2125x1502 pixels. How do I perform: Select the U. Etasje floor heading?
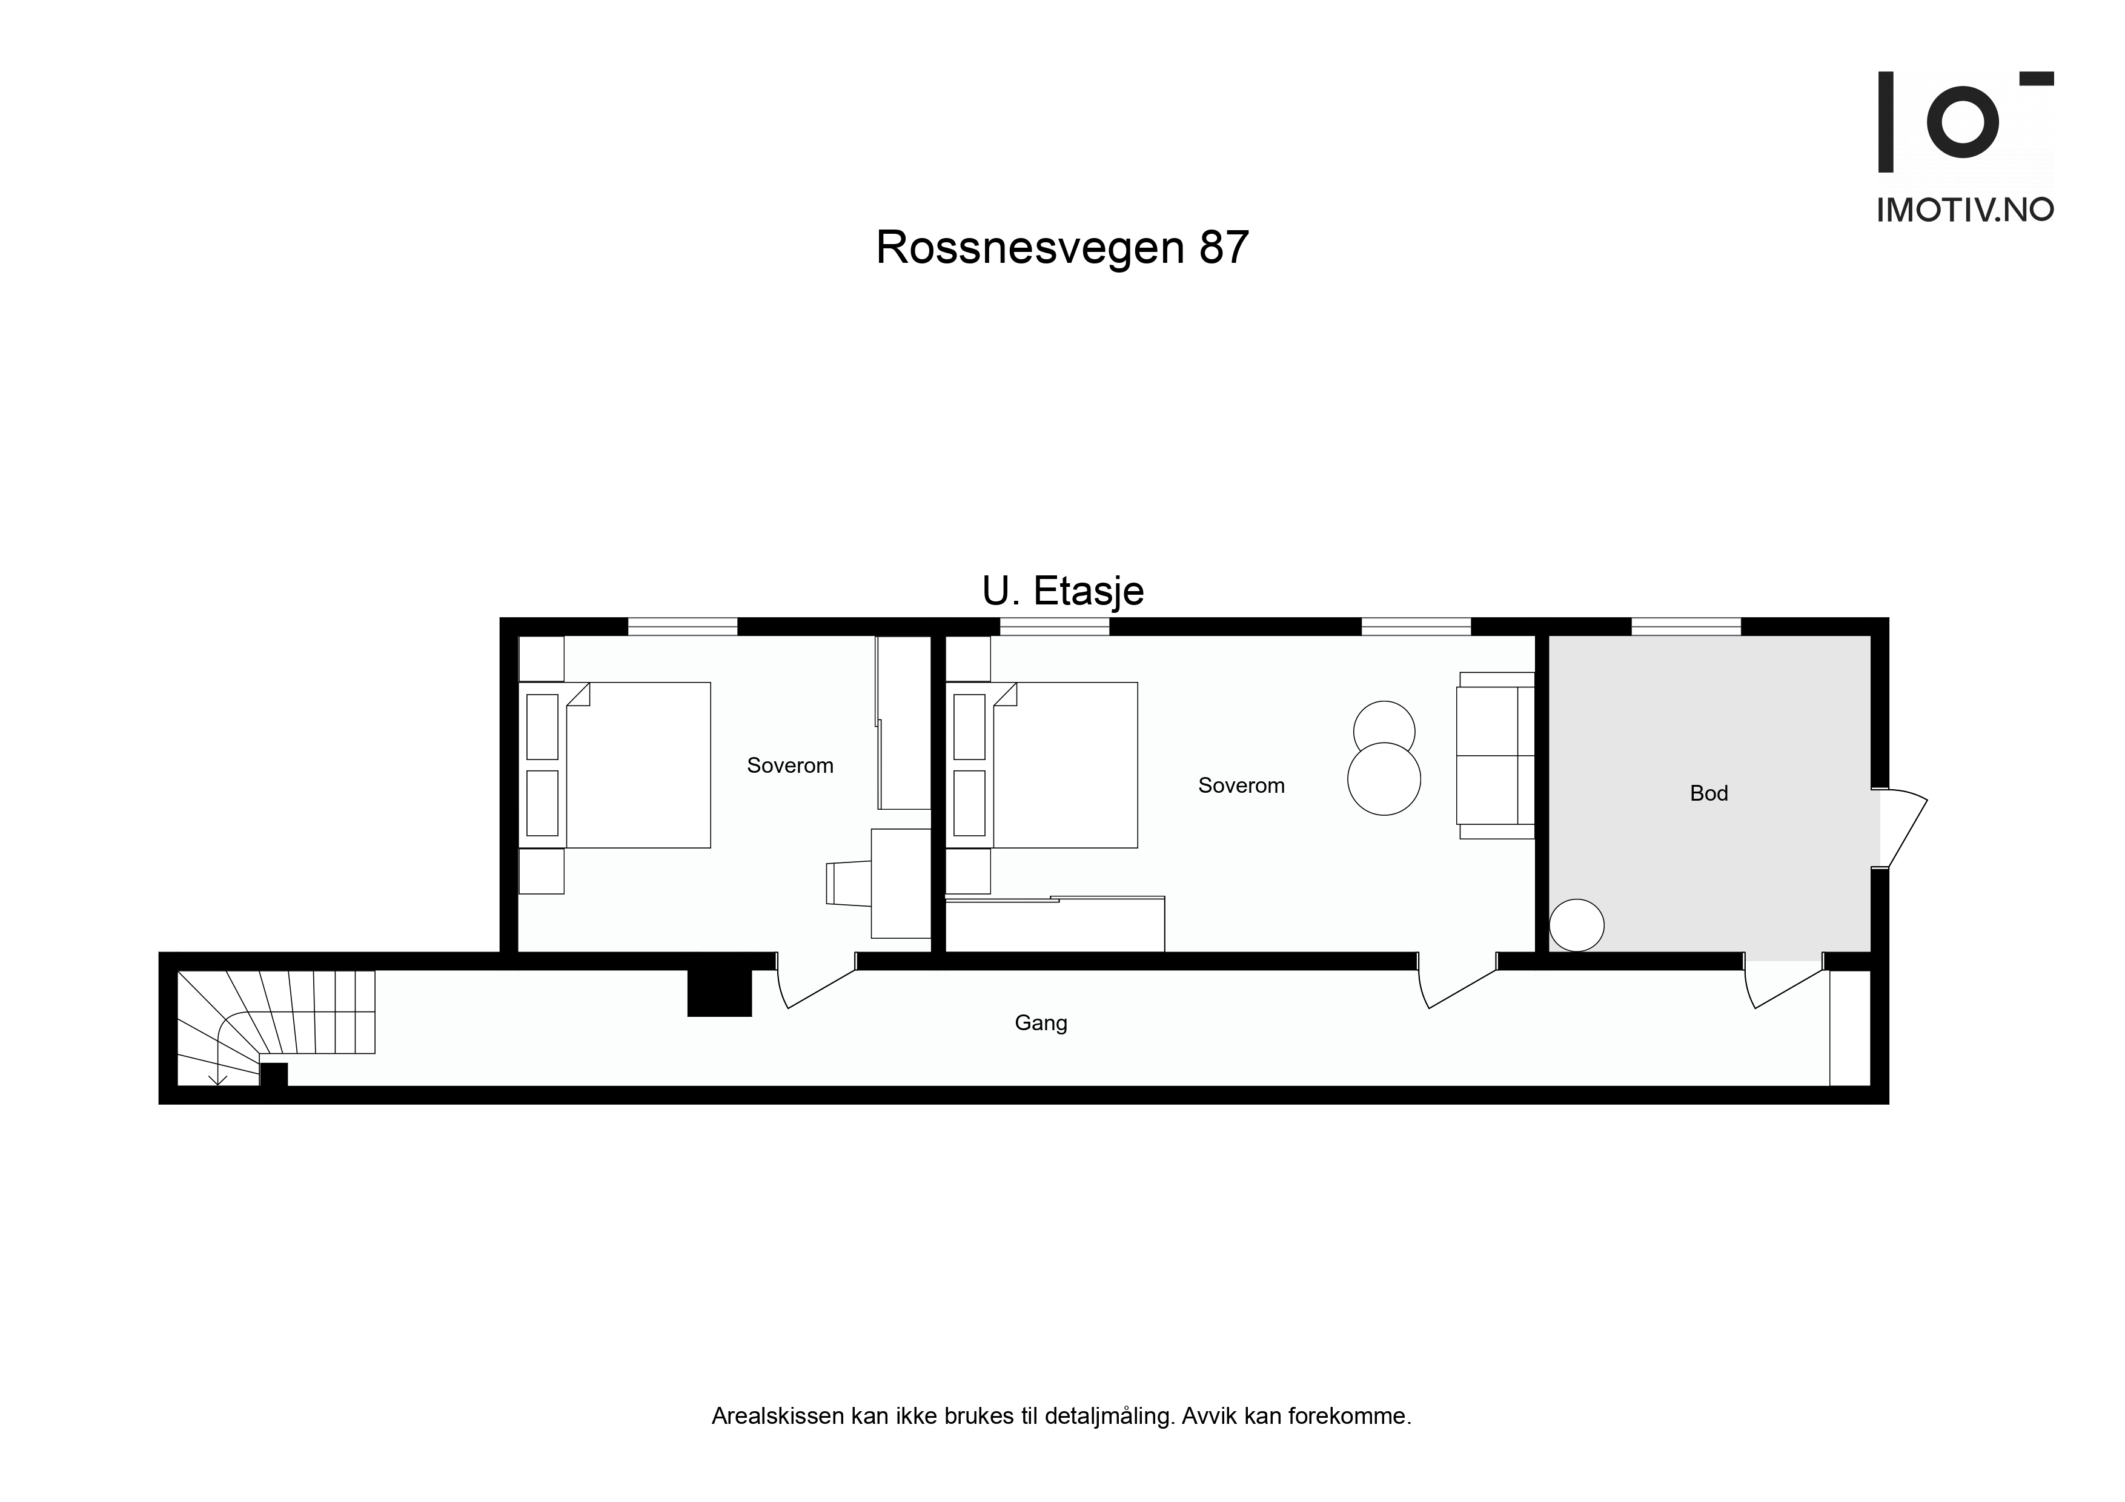[1062, 591]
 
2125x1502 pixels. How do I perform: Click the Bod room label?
[1708, 793]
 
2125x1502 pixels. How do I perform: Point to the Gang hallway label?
[1041, 1024]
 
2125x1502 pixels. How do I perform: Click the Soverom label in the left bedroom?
[791, 766]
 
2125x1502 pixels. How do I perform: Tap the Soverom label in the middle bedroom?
[1241, 786]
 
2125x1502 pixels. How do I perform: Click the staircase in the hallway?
[276, 1025]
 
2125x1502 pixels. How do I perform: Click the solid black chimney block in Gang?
[719, 993]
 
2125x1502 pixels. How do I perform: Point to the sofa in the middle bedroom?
[1496, 755]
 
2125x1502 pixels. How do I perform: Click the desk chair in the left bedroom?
[848, 883]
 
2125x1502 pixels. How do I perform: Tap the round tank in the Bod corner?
[1576, 925]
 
